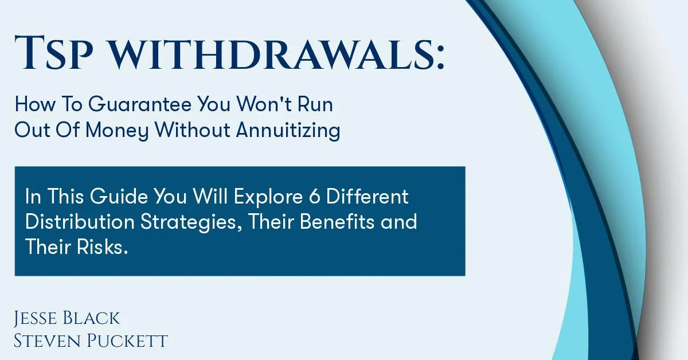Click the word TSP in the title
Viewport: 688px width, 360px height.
[x=54, y=53]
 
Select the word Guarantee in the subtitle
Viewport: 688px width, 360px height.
[x=140, y=104]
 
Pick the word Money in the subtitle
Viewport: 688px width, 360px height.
[x=117, y=131]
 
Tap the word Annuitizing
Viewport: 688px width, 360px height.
[x=288, y=131]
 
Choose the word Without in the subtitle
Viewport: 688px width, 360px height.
[x=193, y=130]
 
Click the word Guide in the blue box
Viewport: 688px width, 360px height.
[x=119, y=196]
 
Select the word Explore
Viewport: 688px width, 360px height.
[x=269, y=197]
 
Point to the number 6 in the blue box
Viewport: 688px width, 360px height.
[x=315, y=197]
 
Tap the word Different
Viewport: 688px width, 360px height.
[x=367, y=196]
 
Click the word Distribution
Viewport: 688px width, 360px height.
[x=80, y=221]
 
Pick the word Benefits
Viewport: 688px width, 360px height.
[x=337, y=221]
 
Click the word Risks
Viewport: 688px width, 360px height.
[x=102, y=246]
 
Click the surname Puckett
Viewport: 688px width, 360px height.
[x=127, y=341]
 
